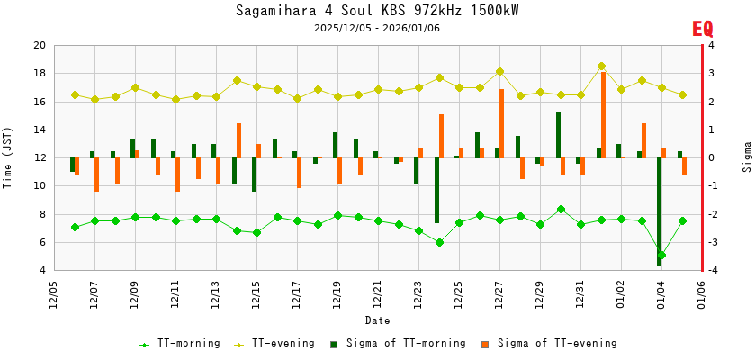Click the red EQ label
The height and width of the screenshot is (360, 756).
[x=702, y=29]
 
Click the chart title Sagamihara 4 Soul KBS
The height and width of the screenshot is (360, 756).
[x=377, y=11]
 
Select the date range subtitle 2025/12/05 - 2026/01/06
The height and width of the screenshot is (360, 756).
[x=377, y=28]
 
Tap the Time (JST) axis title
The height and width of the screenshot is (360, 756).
[x=8, y=157]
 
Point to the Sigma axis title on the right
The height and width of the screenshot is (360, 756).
[x=747, y=157]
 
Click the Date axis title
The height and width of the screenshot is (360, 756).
[x=377, y=320]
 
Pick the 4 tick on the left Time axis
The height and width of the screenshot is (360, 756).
[x=41, y=271]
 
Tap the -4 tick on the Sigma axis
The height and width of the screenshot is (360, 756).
[x=711, y=271]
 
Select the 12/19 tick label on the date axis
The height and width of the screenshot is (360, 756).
[x=337, y=293]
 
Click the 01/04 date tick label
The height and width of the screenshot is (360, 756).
[x=661, y=293]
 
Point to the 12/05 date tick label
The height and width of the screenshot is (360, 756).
[x=54, y=293]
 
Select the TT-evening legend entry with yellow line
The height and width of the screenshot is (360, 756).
[x=274, y=343]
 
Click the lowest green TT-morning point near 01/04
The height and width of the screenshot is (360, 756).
[x=661, y=256]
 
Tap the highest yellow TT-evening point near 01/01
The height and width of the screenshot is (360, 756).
[x=601, y=66]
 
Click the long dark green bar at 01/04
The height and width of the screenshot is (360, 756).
[x=659, y=211]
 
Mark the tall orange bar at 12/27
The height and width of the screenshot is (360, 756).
[x=501, y=123]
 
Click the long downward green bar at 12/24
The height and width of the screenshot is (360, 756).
[x=436, y=191]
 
